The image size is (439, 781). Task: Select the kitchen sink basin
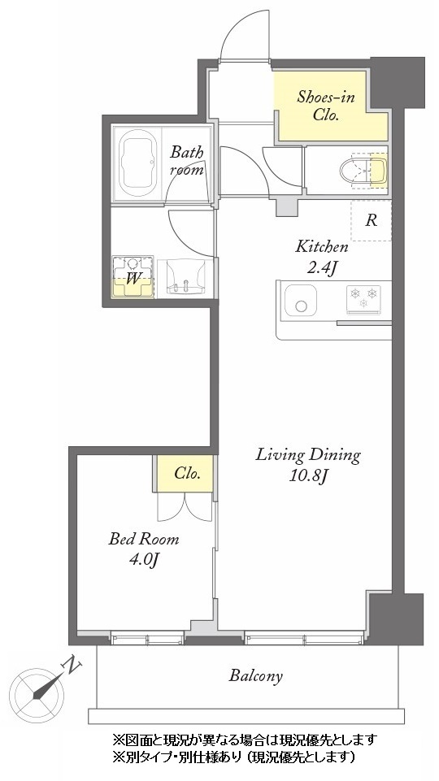301,301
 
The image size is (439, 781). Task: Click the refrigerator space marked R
372,220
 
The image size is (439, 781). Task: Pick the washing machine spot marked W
133,277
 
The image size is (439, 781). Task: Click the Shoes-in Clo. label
326,106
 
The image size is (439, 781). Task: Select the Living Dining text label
308,455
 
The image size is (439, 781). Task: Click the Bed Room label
144,539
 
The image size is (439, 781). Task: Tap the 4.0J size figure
144,560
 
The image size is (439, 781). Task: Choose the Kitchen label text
321,246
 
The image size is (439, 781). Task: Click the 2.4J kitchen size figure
321,268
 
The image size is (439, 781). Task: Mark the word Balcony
255,676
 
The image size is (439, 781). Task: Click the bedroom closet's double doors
185,507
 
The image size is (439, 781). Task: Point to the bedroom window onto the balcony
147,638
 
